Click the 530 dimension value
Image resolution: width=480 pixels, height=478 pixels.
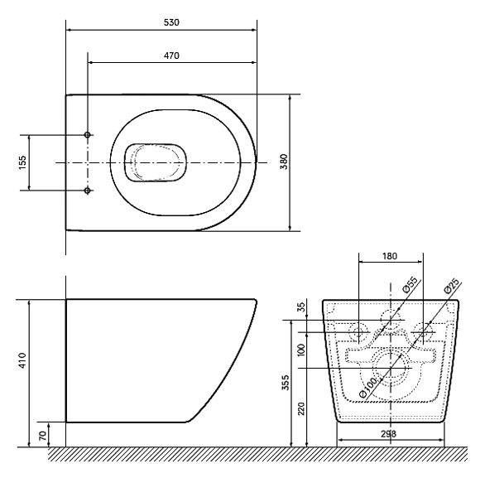171,22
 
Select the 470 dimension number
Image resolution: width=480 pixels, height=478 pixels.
171,56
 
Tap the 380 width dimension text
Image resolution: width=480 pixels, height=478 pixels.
285,162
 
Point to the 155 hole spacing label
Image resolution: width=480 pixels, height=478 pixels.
22,162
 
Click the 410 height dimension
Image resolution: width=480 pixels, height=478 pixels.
22,360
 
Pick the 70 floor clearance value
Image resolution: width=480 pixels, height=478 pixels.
43,436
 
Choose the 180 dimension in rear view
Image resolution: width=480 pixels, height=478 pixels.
390,256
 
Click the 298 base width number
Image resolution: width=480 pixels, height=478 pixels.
388,433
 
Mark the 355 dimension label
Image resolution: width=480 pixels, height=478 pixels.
286,382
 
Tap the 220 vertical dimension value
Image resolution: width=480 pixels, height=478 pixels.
301,408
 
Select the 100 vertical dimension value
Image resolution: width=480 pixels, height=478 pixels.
301,350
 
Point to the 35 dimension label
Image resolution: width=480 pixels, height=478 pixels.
301,307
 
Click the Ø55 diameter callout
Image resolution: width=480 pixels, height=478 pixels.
410,285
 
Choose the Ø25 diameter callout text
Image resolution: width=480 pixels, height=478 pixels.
451,286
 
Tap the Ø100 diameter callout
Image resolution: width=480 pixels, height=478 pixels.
367,387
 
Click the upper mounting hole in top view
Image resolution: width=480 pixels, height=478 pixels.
88,134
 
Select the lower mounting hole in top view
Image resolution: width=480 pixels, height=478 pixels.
88,191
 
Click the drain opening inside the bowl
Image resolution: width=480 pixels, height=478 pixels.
156,162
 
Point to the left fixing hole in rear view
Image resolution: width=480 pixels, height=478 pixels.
358,332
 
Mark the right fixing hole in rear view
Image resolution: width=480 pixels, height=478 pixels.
423,332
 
